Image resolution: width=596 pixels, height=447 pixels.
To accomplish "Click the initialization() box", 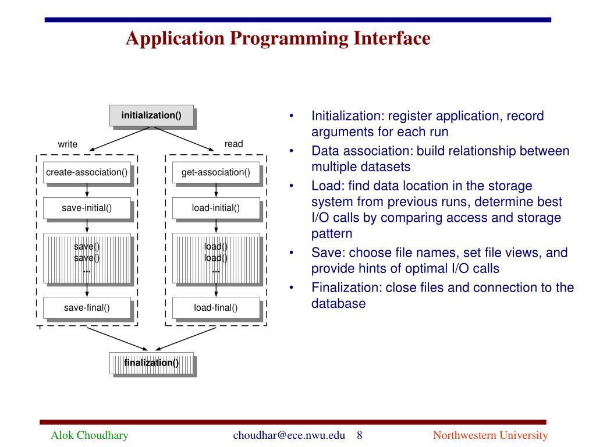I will [151, 115].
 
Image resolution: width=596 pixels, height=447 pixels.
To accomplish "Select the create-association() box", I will [87, 172].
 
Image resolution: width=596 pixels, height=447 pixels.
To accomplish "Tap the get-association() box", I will [216, 172].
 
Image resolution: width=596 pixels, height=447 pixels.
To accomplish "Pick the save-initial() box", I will [87, 208].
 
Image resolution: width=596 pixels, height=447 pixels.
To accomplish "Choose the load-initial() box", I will [216, 208].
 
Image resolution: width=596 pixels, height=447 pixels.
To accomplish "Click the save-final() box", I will [87, 308].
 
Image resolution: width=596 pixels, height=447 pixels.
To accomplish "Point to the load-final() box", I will [216, 308].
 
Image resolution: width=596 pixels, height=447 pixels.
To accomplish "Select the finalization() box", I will [151, 363].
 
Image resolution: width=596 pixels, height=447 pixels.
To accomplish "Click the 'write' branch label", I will [68, 144].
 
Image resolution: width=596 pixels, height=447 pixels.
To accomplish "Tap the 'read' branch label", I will [233, 144].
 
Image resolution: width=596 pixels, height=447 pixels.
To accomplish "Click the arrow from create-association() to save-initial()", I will [87, 190].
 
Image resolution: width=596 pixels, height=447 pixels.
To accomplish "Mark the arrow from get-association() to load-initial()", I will [216, 190].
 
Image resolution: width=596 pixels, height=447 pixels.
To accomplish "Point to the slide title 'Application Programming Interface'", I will [278, 38].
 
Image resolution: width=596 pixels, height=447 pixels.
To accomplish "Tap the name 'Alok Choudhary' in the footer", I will [90, 435].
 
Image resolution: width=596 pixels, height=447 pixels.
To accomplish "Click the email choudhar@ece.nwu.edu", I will [289, 435].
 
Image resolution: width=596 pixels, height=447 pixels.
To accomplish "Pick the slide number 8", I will [360, 435].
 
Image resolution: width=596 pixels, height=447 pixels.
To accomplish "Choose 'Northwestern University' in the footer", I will [491, 435].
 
